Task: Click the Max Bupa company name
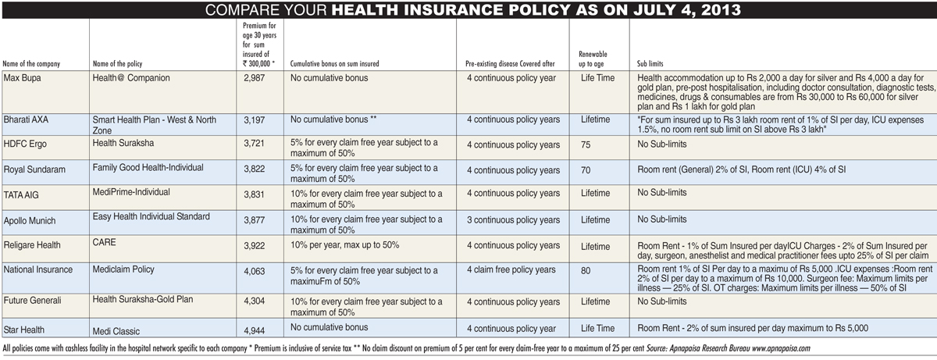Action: [x=22, y=78]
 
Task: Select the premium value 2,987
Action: [x=255, y=78]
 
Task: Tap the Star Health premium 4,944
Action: [x=255, y=331]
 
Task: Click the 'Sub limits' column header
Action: [x=650, y=64]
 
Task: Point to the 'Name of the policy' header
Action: [x=118, y=64]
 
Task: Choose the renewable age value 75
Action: [x=586, y=144]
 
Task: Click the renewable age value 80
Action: [x=586, y=271]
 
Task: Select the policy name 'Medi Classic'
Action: [x=116, y=331]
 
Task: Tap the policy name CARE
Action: [x=104, y=243]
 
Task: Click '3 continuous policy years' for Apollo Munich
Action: [x=513, y=220]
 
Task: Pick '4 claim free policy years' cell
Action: [x=511, y=269]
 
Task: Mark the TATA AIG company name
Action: [x=21, y=195]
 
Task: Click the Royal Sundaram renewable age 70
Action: [x=586, y=170]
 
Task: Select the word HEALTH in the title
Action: [x=365, y=9]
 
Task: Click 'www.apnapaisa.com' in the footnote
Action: [x=781, y=348]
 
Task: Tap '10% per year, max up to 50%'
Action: [x=344, y=245]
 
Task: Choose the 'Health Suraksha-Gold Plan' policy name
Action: [x=143, y=299]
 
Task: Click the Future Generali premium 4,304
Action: [x=255, y=302]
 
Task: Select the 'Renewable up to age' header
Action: [x=593, y=59]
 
